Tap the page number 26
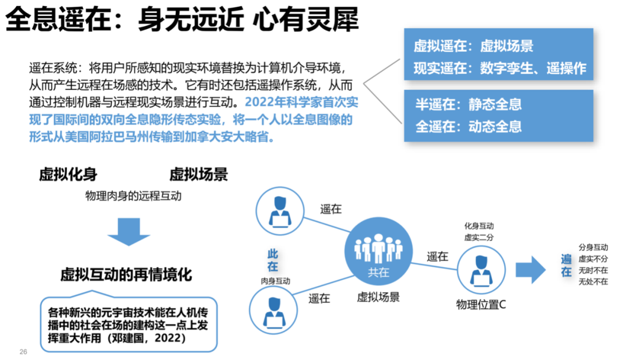(24, 352)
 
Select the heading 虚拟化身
(68, 174)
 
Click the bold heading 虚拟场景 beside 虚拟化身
(199, 174)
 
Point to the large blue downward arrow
(129, 231)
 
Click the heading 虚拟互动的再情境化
(126, 275)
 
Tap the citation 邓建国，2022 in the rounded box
(153, 338)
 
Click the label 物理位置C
(481, 304)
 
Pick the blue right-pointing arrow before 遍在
(530, 269)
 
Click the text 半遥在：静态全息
(468, 105)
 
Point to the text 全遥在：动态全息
(468, 127)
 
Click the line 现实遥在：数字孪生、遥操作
(499, 68)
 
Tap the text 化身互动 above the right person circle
(479, 226)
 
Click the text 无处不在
(593, 282)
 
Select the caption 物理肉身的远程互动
(133, 195)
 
